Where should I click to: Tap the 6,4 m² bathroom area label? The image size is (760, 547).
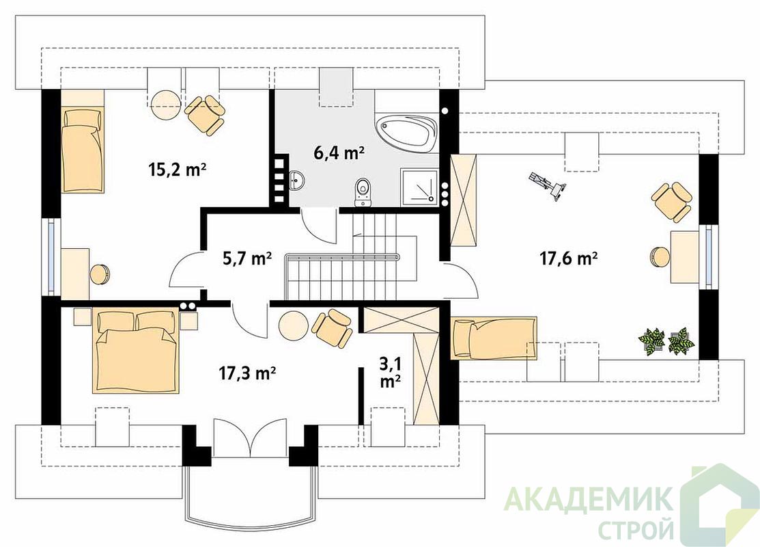[339, 153]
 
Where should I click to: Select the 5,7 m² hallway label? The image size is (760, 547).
[247, 258]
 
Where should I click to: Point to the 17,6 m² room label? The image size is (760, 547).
[569, 258]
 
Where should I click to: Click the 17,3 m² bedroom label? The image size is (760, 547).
[247, 373]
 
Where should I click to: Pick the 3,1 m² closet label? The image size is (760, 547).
[390, 372]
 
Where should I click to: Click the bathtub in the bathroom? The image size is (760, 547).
[406, 131]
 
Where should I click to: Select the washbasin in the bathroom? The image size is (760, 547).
[296, 181]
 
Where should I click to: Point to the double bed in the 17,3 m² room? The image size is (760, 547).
[135, 352]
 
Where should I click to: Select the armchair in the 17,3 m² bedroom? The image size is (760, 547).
[332, 328]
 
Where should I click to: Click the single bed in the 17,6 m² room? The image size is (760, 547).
[494, 338]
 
